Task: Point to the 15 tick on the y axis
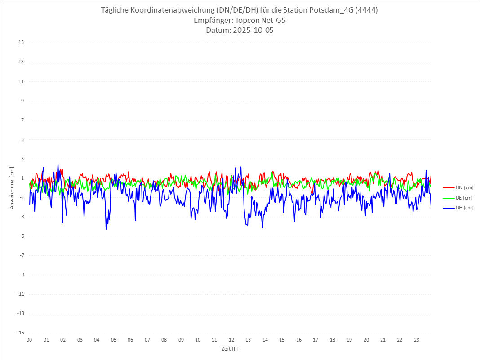(x=21, y=43)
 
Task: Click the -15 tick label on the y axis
(x=20, y=333)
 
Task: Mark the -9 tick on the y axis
(x=21, y=275)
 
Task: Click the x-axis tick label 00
(x=29, y=340)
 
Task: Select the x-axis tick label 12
(x=231, y=340)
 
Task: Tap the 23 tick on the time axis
(x=417, y=340)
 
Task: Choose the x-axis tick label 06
(x=130, y=340)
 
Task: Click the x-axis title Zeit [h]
(x=230, y=349)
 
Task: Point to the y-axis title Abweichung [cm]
(x=12, y=187)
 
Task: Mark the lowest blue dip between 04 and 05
(x=106, y=229)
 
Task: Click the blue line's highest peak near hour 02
(x=58, y=164)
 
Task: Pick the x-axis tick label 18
(x=333, y=340)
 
